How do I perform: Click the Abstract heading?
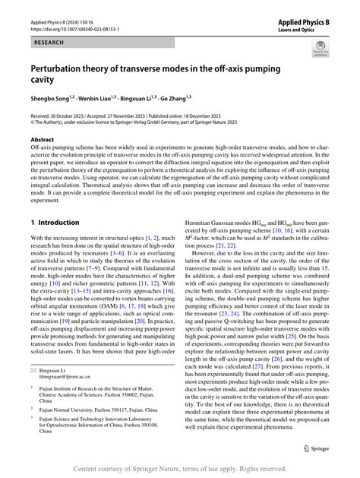[43, 141]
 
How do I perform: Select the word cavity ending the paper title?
[45, 79]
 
